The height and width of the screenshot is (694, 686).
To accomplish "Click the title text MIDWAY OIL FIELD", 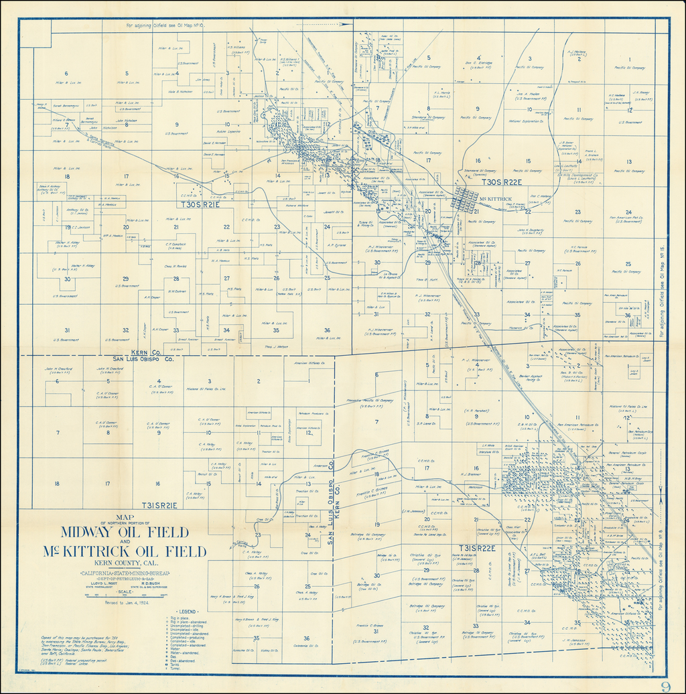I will (x=125, y=533).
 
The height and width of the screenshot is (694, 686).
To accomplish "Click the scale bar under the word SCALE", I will (x=125, y=596).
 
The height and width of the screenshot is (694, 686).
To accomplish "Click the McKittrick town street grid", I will (x=464, y=199).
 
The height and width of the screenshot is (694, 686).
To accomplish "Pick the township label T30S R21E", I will (x=199, y=203).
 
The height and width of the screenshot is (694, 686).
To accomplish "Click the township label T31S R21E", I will (x=159, y=505).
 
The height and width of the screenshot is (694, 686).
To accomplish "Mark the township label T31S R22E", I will (x=477, y=548).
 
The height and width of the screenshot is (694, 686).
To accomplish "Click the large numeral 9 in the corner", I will (x=665, y=685).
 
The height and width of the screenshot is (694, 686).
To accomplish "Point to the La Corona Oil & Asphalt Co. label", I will (x=391, y=275).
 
